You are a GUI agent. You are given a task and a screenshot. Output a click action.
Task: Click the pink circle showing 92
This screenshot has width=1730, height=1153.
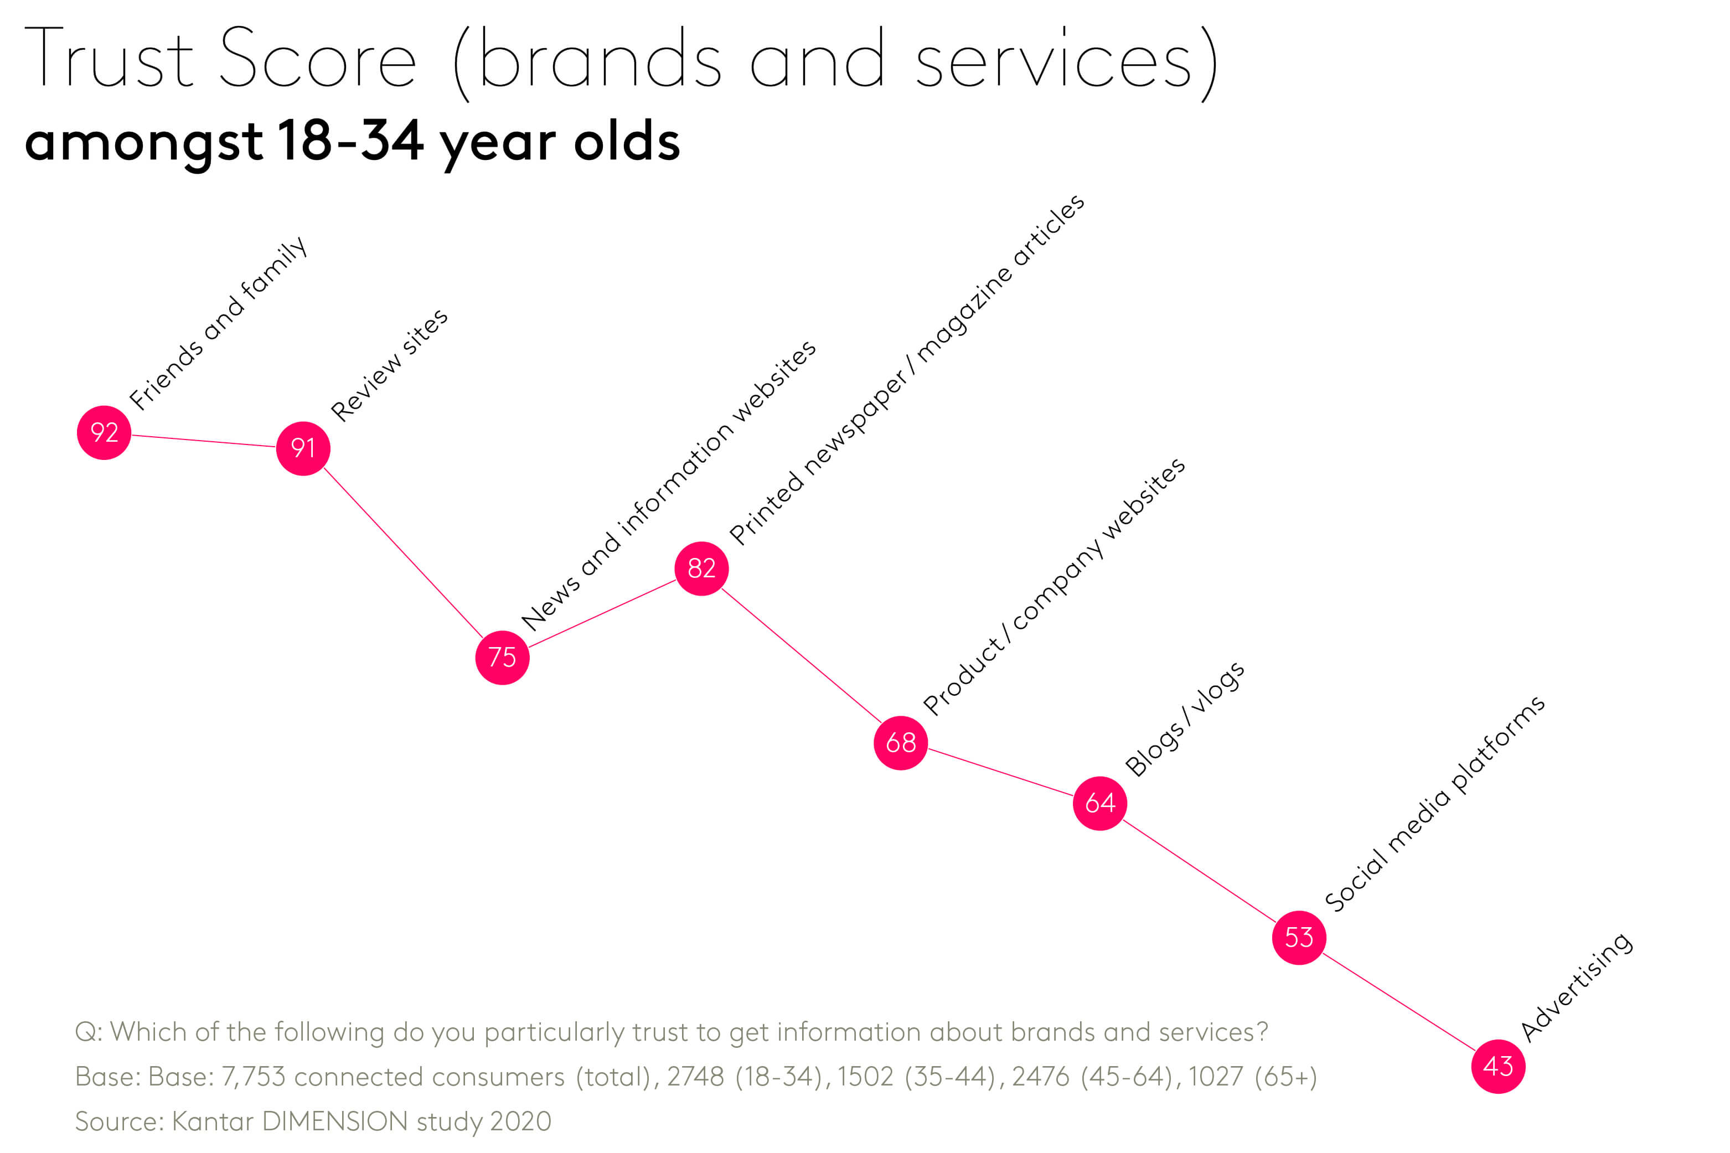(x=104, y=432)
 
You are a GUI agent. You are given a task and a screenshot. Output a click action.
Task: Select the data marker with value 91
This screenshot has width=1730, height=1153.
(x=303, y=448)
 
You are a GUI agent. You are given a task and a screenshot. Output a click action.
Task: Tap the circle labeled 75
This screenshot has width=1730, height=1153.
(x=502, y=658)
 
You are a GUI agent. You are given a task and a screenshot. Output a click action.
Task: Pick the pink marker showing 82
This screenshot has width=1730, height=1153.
(x=701, y=568)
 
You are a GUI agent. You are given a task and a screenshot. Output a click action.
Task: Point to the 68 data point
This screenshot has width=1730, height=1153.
(x=901, y=743)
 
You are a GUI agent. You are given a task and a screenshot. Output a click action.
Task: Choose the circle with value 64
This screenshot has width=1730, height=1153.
(x=1100, y=803)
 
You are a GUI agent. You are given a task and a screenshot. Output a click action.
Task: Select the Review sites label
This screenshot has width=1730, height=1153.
(x=389, y=365)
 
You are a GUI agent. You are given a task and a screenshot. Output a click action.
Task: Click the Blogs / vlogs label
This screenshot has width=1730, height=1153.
(x=1185, y=718)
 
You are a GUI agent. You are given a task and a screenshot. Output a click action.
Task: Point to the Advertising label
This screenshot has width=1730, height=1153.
(x=1576, y=987)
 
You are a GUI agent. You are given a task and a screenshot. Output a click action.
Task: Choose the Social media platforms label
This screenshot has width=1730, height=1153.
(x=1434, y=803)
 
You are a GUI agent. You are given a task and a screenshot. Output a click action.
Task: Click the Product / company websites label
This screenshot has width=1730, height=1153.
(x=1054, y=586)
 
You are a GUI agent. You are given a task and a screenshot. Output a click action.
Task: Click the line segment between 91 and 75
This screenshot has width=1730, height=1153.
(x=403, y=553)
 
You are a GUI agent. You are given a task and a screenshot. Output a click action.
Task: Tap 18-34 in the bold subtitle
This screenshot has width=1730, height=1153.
(x=350, y=141)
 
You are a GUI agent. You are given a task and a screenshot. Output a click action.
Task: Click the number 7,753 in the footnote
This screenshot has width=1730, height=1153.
(x=253, y=1077)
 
